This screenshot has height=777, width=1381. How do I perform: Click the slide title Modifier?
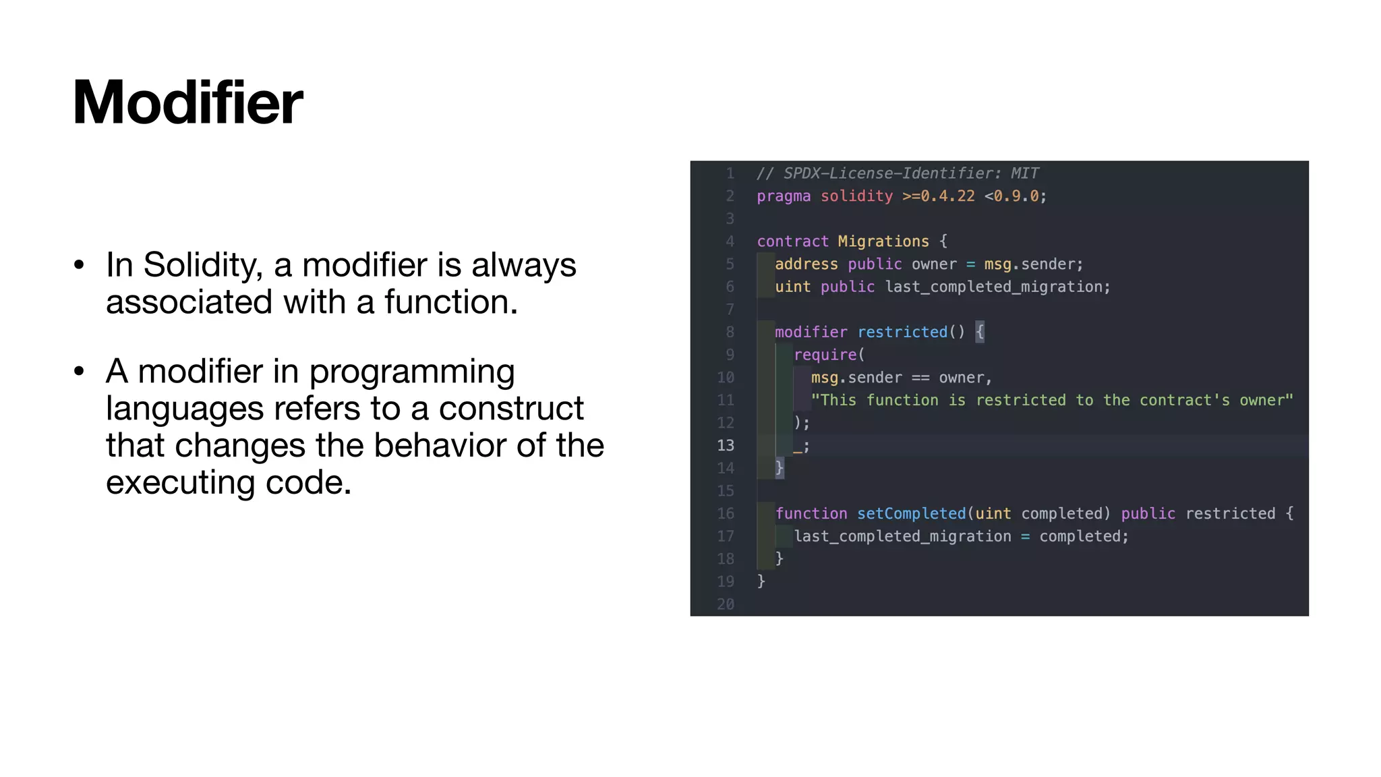[187, 103]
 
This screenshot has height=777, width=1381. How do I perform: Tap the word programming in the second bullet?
[411, 372]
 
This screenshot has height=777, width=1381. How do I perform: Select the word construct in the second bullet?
[510, 408]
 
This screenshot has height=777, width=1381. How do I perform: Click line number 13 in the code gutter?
[726, 445]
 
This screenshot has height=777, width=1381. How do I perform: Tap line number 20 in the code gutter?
[726, 604]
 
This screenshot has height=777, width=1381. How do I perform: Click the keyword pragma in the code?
[784, 196]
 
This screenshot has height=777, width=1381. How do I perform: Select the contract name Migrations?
[883, 241]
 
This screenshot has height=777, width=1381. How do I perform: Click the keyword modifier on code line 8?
[811, 332]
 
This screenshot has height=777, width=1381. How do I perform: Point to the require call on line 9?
[825, 355]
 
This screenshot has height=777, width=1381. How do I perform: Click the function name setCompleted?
[911, 513]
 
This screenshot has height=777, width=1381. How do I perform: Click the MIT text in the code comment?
[1024, 173]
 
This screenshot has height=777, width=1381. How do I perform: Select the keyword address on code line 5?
[806, 264]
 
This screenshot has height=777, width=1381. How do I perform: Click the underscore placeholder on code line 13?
[798, 447]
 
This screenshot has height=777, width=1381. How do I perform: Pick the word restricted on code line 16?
[1230, 513]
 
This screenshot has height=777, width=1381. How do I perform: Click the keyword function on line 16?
[811, 513]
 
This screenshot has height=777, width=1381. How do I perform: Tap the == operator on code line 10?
[920, 378]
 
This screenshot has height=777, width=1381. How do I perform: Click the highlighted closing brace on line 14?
[780, 467]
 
